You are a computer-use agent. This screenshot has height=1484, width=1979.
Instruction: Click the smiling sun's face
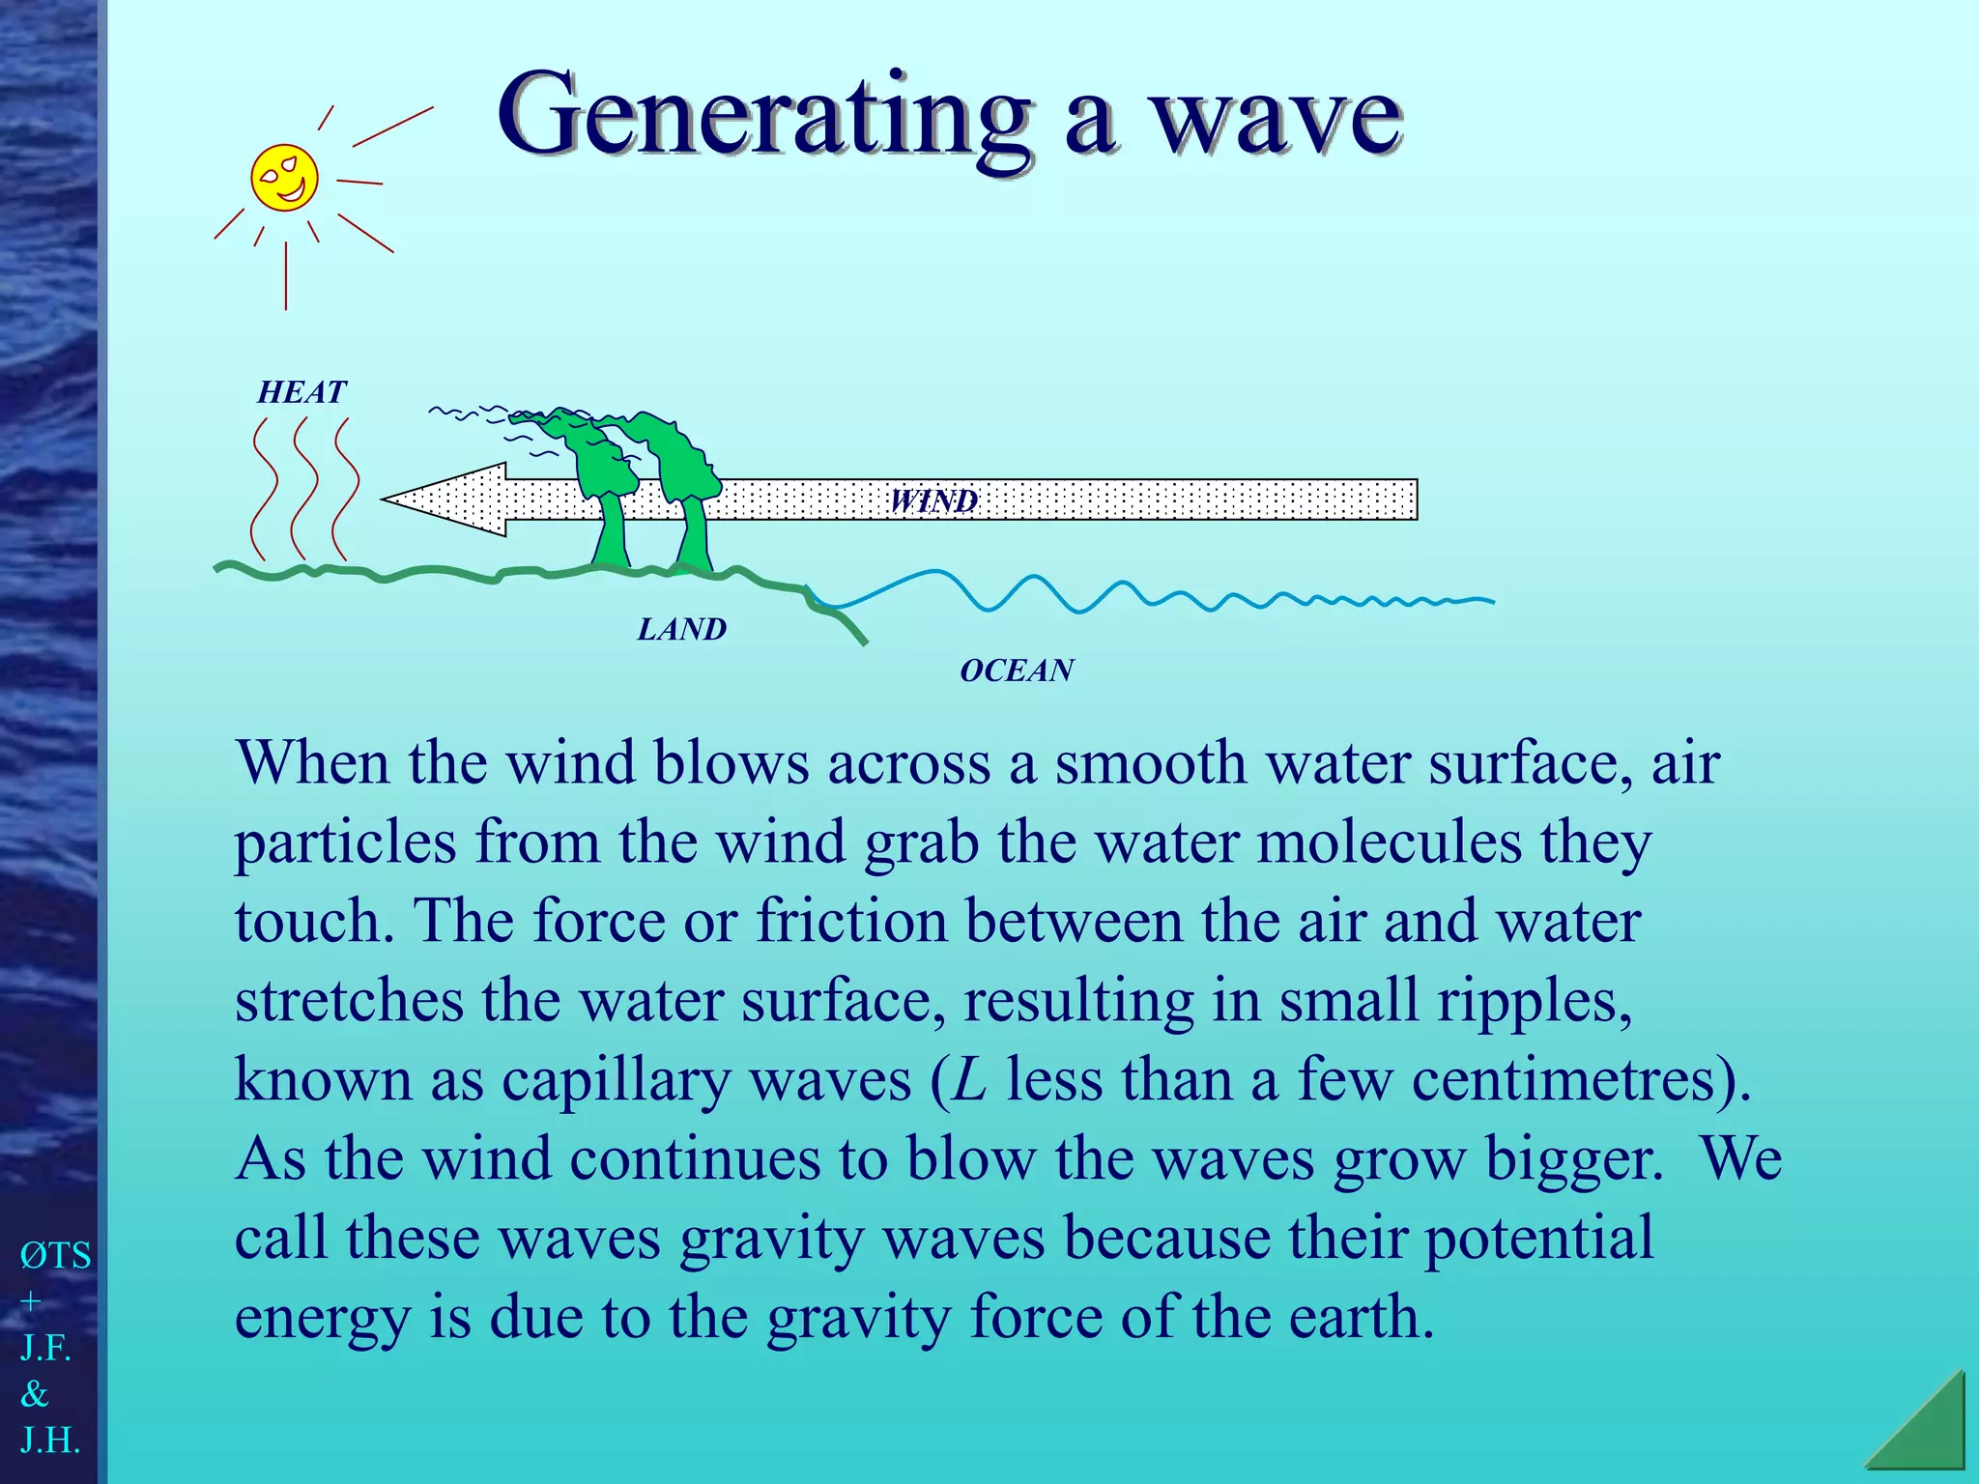tap(284, 178)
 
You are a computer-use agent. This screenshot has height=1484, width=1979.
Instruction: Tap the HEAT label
tap(301, 392)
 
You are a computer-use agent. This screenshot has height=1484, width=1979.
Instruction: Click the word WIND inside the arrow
tap(933, 500)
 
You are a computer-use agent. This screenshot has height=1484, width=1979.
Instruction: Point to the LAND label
tap(681, 630)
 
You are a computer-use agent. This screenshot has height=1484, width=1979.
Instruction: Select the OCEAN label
tap(1017, 671)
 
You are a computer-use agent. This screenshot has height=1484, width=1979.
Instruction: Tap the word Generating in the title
tap(763, 116)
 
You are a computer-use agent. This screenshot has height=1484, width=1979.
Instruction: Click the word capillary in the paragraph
tap(616, 1079)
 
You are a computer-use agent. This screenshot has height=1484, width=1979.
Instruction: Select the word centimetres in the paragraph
tap(1571, 1079)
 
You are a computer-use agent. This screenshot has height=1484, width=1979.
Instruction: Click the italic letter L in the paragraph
tap(969, 1079)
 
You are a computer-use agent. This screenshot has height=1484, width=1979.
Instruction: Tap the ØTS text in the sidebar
tap(55, 1256)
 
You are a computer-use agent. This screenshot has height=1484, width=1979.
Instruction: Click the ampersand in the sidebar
tap(35, 1394)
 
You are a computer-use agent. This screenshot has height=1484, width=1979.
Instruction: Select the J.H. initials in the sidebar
tap(49, 1441)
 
